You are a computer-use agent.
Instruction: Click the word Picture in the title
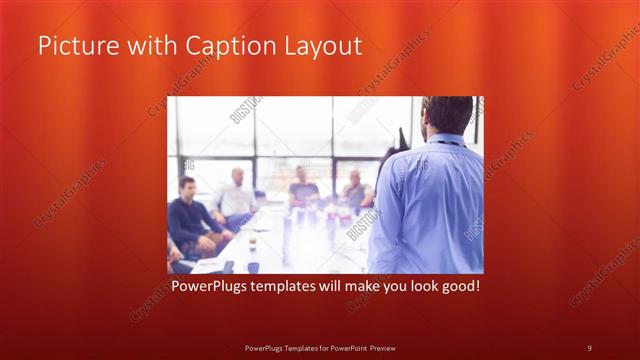[76, 46]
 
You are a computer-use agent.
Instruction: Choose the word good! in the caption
[458, 286]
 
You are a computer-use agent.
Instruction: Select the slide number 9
[589, 348]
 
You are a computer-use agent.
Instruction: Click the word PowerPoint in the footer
[345, 348]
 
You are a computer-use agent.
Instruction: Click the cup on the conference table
[252, 243]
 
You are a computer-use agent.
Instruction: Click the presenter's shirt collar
[448, 139]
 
